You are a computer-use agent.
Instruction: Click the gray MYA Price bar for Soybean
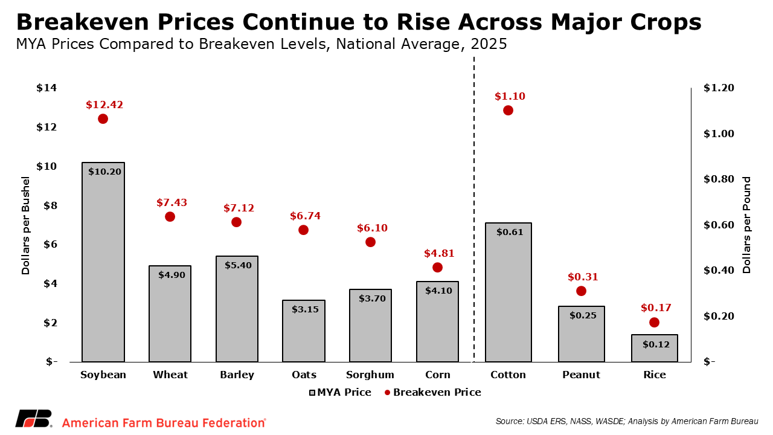coord(103,266)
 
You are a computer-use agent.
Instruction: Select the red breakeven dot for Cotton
coord(508,111)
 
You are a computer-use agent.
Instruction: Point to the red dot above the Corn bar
coord(437,268)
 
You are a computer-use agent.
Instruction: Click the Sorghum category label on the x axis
coord(370,375)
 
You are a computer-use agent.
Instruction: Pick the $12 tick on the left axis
coord(47,127)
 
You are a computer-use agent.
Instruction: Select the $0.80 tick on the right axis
coord(719,179)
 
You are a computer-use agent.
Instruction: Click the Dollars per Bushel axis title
coord(25,225)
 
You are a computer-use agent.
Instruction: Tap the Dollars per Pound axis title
coord(747,225)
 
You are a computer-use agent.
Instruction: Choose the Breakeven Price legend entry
coord(432,392)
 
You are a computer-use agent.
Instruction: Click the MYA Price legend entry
coord(340,392)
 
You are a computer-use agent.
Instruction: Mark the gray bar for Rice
coord(654,348)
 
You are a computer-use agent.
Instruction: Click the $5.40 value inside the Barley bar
coord(237,265)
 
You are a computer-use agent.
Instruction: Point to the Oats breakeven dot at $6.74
coord(303,230)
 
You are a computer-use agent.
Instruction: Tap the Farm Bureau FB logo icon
coord(34,419)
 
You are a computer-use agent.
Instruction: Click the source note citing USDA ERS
coord(626,421)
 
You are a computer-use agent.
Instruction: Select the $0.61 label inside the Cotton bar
coord(508,231)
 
